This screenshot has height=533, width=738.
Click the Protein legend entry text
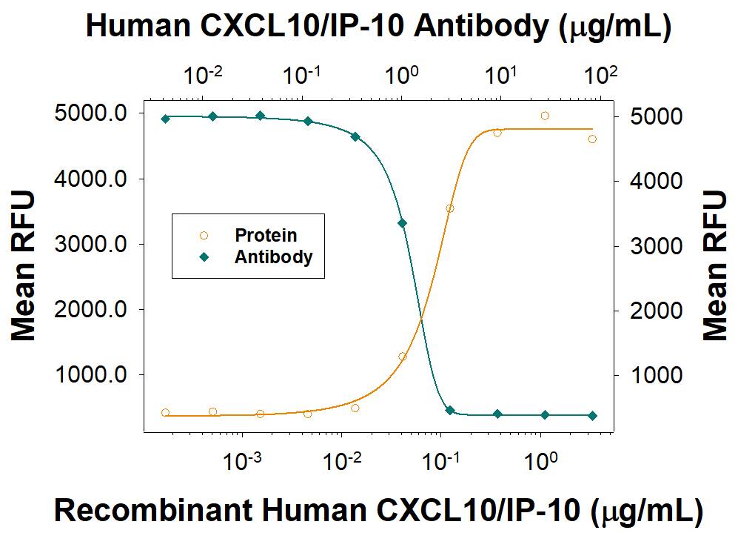point(266,236)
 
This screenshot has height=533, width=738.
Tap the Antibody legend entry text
point(273,257)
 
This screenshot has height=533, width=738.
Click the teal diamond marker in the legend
point(204,257)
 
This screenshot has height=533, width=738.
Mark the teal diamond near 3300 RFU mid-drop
point(402,223)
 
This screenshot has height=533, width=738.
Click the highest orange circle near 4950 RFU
point(545,116)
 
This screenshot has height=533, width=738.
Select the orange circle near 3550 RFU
point(449,208)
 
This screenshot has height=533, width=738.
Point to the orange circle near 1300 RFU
point(403,357)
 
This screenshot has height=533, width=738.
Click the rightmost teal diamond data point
point(592,416)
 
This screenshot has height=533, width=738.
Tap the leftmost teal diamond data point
point(165,119)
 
